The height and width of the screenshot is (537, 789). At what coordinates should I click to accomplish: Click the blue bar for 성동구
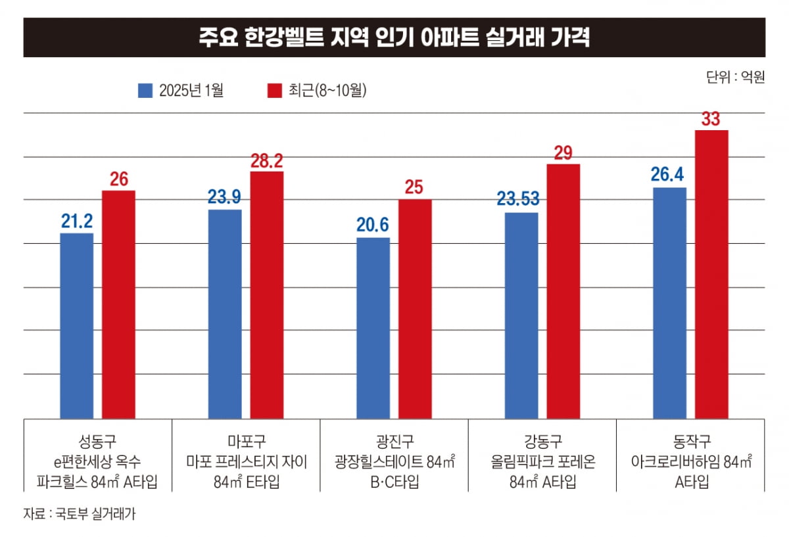coord(76,325)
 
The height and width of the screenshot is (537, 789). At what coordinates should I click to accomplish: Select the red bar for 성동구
coord(118,304)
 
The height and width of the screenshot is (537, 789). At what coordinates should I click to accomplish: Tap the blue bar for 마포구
coord(225,314)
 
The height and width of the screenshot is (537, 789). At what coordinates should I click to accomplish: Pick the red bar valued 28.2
coord(266,294)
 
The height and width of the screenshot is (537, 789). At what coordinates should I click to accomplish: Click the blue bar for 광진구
coord(373,327)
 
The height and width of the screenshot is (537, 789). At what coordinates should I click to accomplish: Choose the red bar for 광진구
coord(415,308)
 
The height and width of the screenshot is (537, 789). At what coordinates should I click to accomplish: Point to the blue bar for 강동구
coord(521,315)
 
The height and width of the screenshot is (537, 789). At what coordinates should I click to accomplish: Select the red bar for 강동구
coord(563,291)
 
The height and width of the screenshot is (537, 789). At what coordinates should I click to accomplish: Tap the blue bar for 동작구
coord(670,302)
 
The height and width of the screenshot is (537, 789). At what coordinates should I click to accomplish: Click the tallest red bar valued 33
coord(711,274)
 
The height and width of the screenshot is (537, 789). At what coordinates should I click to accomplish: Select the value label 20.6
coord(373,225)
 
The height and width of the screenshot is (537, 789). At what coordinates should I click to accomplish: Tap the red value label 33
coord(711,119)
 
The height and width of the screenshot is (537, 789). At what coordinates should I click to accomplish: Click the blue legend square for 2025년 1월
coord(145,91)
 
